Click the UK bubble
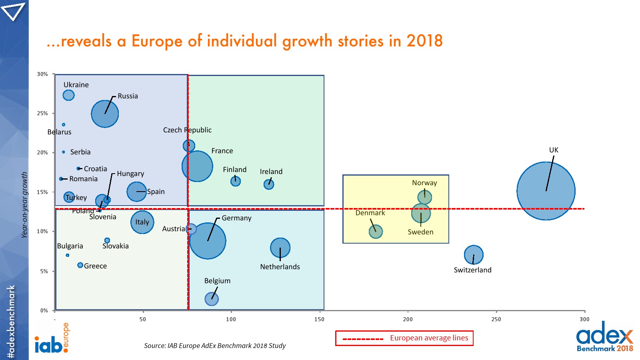point(546,191)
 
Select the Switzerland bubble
point(474,255)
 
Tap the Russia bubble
point(105,114)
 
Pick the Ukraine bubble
point(68,95)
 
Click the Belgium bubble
point(212,298)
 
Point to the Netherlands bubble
point(280,248)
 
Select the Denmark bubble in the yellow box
point(376,231)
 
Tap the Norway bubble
point(424,197)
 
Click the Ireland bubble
point(269,184)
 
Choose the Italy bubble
point(142,222)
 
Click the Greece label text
point(95,266)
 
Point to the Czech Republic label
point(187,130)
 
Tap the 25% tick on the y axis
point(42,113)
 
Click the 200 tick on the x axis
point(408,319)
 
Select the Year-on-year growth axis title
point(24,205)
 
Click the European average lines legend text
point(429,338)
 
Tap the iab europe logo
point(52,340)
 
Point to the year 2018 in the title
point(424,41)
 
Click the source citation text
point(215,346)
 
